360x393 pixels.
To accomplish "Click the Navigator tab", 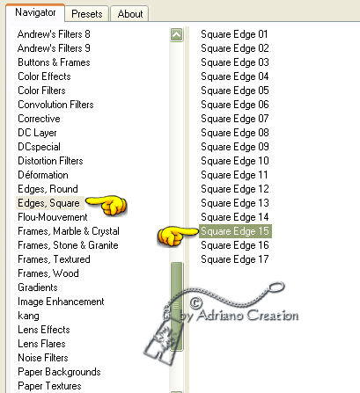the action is pyautogui.click(x=35, y=12).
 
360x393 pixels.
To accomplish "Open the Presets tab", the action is pyautogui.click(x=87, y=14).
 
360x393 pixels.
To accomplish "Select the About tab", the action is pyautogui.click(x=130, y=14).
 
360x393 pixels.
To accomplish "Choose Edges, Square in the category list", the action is pyautogui.click(x=48, y=203).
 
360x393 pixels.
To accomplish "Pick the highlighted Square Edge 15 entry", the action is pyautogui.click(x=235, y=231).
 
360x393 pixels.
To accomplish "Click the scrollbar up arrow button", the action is pyautogui.click(x=176, y=35).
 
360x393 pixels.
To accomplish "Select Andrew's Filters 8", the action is pyautogui.click(x=54, y=34).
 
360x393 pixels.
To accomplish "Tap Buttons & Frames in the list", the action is pyautogui.click(x=54, y=62).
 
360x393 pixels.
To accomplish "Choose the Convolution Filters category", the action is pyautogui.click(x=55, y=105).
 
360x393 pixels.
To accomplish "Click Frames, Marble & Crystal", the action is pyautogui.click(x=69, y=231).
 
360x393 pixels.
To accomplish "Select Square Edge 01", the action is pyautogui.click(x=234, y=34).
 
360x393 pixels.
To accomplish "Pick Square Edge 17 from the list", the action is pyautogui.click(x=235, y=259).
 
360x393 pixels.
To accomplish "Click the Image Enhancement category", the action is pyautogui.click(x=61, y=302).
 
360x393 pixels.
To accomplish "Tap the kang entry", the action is pyautogui.click(x=28, y=316).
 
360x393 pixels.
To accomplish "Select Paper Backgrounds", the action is pyautogui.click(x=59, y=372).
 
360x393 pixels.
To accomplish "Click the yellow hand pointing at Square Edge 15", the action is pyautogui.click(x=177, y=236).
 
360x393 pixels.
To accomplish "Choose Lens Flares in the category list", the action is pyautogui.click(x=41, y=344).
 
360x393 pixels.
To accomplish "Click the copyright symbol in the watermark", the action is pyautogui.click(x=196, y=302).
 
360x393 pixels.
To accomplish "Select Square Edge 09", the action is pyautogui.click(x=235, y=147).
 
